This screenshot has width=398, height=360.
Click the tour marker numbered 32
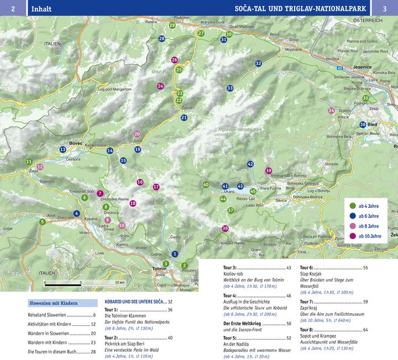258,64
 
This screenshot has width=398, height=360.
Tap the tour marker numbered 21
184,117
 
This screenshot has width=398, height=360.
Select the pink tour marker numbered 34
331,111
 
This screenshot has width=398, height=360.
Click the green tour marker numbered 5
43,222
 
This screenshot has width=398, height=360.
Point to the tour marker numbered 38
225,228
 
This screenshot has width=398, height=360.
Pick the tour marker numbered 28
161,39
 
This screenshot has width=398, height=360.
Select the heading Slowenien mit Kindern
54,303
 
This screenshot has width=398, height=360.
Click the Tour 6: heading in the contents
307,268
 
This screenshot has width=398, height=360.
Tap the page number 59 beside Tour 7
365,301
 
